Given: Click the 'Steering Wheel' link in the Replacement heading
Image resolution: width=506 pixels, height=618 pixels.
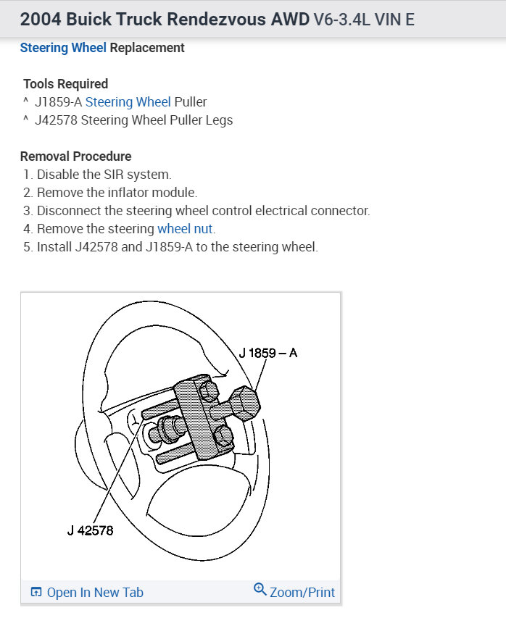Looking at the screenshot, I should (x=63, y=48).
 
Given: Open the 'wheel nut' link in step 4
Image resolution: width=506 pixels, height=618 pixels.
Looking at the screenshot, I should (x=186, y=229).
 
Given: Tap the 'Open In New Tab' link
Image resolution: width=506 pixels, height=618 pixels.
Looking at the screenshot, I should (x=95, y=593).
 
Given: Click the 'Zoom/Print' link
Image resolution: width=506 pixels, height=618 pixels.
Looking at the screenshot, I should (x=302, y=593).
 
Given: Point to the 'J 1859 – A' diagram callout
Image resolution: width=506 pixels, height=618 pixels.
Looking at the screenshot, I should (x=267, y=354).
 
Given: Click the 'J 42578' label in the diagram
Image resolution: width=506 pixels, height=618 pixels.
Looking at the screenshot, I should (x=86, y=530).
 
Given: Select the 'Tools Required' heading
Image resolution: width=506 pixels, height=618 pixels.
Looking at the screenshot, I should (x=65, y=84).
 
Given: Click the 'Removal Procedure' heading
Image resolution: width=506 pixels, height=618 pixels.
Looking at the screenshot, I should (x=75, y=156).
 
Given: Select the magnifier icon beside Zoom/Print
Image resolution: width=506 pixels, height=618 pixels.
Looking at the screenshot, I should (x=260, y=590).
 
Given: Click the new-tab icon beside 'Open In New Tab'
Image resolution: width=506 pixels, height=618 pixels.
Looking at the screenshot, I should (x=36, y=593).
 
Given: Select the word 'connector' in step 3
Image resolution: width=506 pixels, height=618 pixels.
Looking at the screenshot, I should (x=343, y=211).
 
